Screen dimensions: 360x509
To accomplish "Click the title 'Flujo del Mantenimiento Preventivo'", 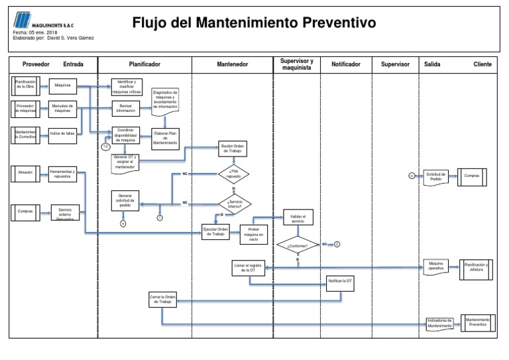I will click(x=254, y=23).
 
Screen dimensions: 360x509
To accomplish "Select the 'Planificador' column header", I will click(x=144, y=64).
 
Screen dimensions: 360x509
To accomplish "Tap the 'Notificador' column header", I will click(x=345, y=64).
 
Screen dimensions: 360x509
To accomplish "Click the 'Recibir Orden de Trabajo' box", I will click(x=233, y=148).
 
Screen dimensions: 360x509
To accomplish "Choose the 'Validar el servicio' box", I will click(x=298, y=218).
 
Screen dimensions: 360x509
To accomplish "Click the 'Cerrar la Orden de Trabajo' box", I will click(x=162, y=299).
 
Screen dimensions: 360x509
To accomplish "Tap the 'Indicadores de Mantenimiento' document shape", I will click(x=440, y=323).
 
